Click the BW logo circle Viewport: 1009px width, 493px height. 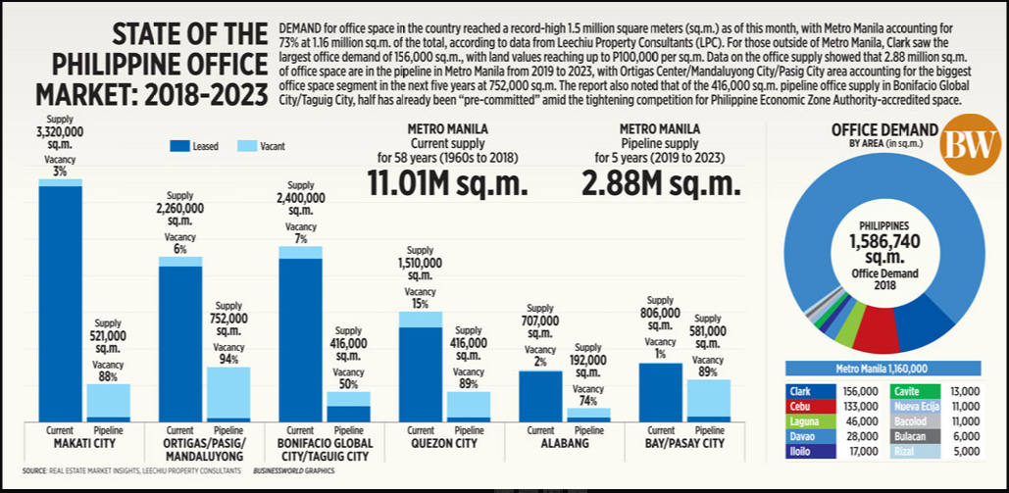[x=969, y=146]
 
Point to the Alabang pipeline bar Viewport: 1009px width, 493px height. [x=587, y=415]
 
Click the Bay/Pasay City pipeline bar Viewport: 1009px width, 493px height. [x=707, y=400]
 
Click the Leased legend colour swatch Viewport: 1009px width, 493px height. [x=179, y=146]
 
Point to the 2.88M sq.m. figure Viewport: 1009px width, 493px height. [x=663, y=184]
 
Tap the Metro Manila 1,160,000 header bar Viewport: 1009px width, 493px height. [x=882, y=369]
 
